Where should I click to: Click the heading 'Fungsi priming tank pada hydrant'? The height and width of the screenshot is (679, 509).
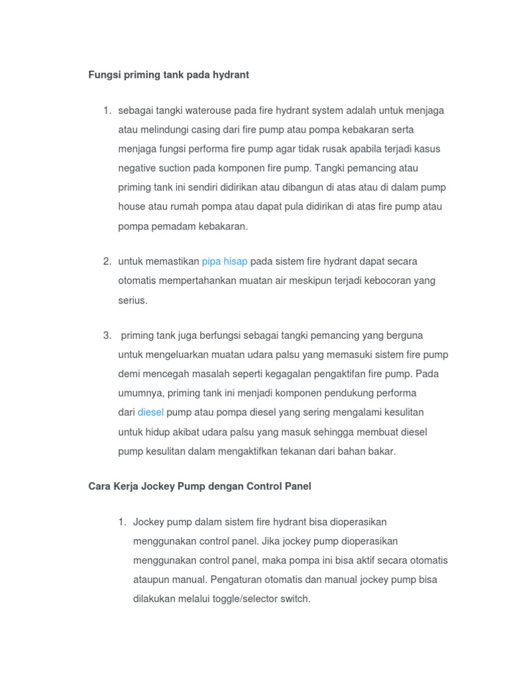(168, 75)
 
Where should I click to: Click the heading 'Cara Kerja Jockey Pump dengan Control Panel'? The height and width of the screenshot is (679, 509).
(199, 486)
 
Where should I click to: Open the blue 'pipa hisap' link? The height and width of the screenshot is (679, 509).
(225, 261)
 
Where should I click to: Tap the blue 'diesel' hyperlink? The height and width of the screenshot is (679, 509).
(150, 412)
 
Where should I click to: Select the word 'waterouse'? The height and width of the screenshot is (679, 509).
(221, 110)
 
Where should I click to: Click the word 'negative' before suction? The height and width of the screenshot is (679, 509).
(138, 168)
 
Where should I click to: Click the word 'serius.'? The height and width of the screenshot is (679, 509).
(133, 300)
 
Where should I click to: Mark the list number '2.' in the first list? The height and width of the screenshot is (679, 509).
(107, 261)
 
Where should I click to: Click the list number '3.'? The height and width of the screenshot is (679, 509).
(107, 335)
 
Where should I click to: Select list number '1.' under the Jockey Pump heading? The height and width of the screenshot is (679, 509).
(122, 522)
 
